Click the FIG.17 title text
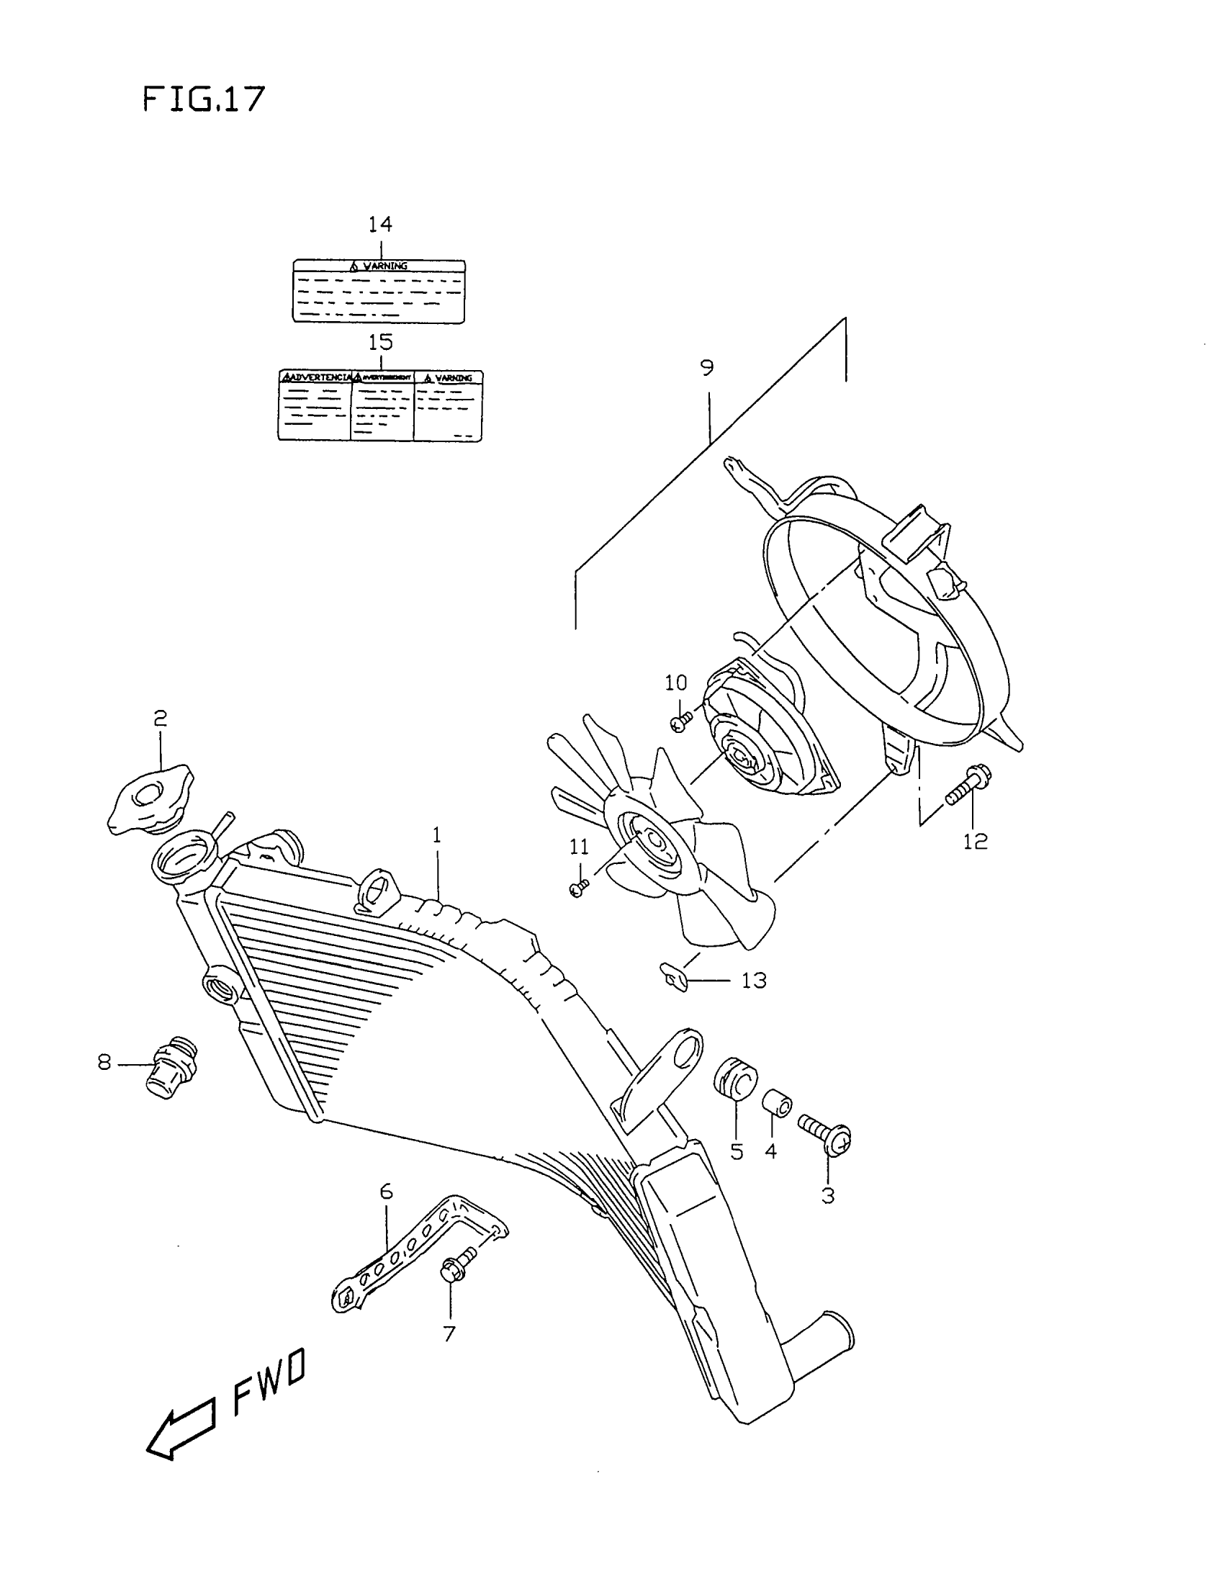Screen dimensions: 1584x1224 (x=204, y=99)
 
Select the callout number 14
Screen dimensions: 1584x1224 (x=379, y=225)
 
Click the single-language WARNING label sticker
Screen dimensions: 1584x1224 (x=379, y=292)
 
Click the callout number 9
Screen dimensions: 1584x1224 (x=707, y=369)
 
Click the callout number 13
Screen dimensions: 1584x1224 (x=753, y=981)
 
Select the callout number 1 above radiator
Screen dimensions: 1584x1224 (x=436, y=835)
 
